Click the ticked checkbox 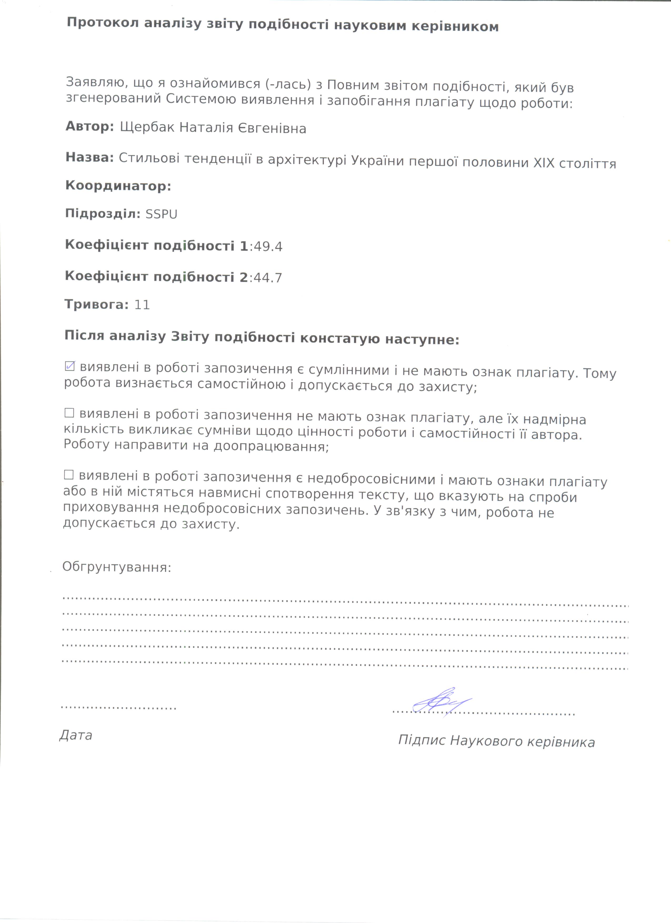tap(70, 366)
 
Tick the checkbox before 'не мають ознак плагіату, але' tap(69, 413)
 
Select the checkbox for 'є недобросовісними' tap(69, 475)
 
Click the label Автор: tap(89, 126)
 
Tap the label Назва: tap(89, 158)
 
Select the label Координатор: tap(118, 186)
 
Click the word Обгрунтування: tap(117, 567)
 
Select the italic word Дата tap(76, 735)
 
